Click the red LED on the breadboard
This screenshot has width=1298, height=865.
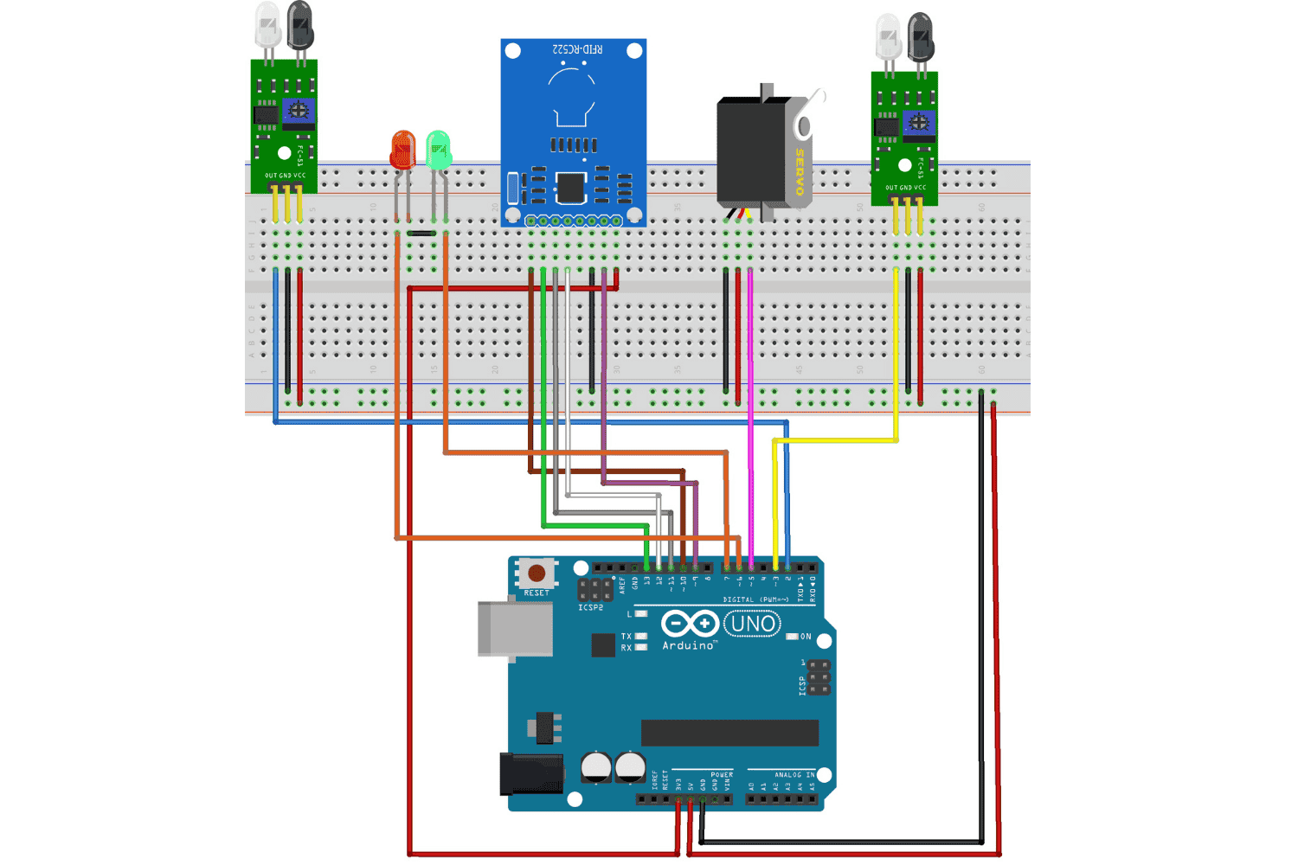402,151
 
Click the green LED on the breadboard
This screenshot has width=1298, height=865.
439,151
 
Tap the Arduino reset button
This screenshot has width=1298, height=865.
537,573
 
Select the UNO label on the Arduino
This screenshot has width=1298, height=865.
752,624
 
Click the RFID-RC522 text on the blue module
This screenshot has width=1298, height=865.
577,49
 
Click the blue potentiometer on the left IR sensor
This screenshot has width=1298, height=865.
299,111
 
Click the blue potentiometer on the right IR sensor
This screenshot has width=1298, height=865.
919,122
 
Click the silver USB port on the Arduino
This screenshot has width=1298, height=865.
515,629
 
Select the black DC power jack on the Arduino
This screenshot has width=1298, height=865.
530,773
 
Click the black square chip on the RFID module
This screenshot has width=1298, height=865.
570,188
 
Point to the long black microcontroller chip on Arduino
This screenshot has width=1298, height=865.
729,733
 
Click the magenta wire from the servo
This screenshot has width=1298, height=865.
750,389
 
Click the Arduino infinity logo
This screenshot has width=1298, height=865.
690,624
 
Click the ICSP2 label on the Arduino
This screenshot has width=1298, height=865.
590,608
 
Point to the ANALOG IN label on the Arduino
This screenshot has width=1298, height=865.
794,775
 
